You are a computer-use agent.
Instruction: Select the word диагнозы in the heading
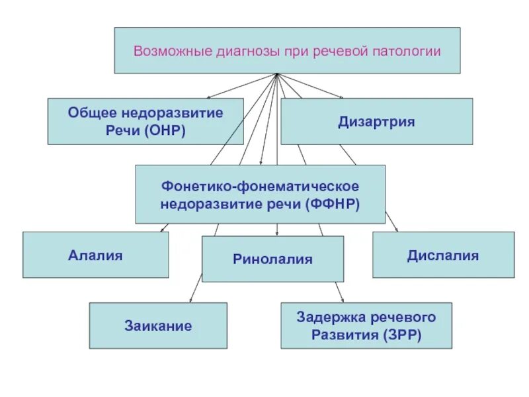pos(241,51)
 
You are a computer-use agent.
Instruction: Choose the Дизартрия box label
pos(376,122)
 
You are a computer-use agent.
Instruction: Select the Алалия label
pos(95,255)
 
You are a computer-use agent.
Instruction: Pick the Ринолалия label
pos(272,259)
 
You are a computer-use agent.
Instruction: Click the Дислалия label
pos(443,255)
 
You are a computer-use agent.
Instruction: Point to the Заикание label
pos(158,326)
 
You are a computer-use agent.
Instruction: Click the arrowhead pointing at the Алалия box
pos(163,230)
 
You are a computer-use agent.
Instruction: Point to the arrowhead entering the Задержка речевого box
pos(341,300)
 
